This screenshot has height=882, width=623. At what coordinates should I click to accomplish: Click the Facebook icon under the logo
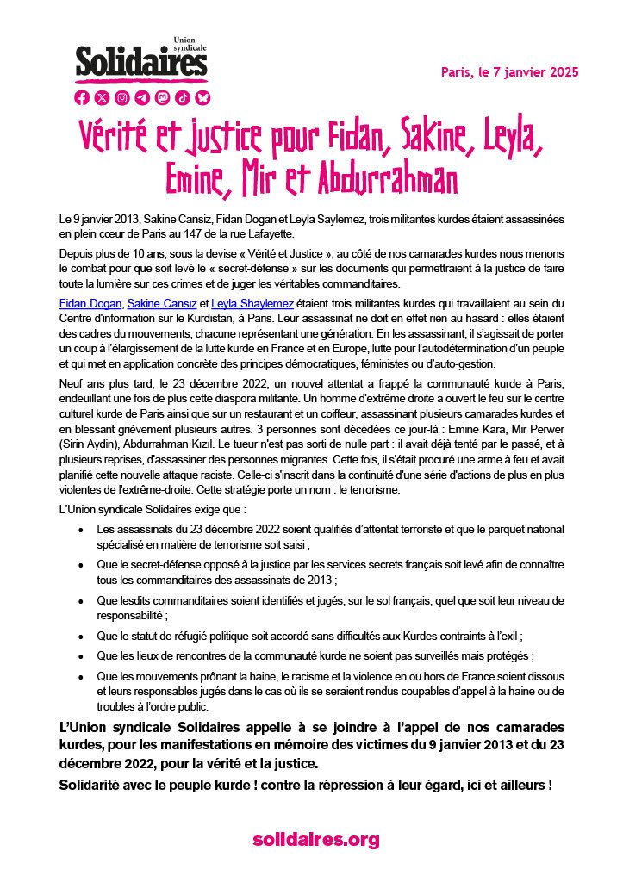pyautogui.click(x=83, y=97)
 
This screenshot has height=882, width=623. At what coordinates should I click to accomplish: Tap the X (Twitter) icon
pyautogui.click(x=103, y=97)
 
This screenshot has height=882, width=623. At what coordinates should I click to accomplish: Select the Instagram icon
pyautogui.click(x=122, y=97)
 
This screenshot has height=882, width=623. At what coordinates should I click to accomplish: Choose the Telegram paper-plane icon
pyautogui.click(x=142, y=97)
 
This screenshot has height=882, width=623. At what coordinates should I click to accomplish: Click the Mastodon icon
pyautogui.click(x=162, y=97)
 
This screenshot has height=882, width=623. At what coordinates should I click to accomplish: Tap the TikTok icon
pyautogui.click(x=182, y=97)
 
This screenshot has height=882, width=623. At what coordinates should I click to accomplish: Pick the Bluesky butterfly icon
pyautogui.click(x=202, y=97)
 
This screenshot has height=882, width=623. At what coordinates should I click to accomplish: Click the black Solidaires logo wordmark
pyautogui.click(x=141, y=63)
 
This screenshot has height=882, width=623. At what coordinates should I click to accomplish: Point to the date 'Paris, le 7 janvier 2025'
pyautogui.click(x=509, y=71)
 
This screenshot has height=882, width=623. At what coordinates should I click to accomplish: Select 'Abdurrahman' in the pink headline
pyautogui.click(x=387, y=180)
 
